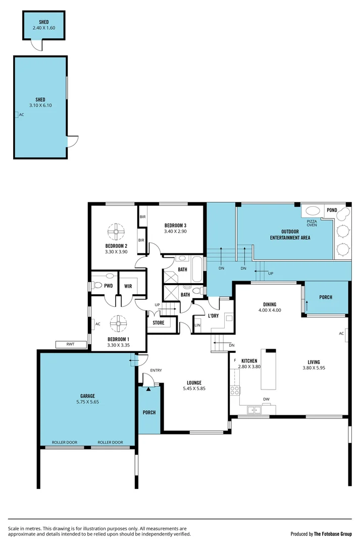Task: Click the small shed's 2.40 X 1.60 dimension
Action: (44, 28)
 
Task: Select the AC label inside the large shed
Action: (21, 115)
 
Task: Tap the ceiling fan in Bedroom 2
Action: (116, 232)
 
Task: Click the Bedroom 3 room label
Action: (175, 225)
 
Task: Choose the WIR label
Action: (128, 286)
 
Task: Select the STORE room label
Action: (159, 322)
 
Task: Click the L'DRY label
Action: (213, 316)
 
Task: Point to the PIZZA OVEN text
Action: (312, 223)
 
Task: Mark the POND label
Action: (332, 210)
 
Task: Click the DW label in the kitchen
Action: (266, 399)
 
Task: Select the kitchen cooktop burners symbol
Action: (234, 390)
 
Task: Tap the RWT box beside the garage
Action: (70, 345)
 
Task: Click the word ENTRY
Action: (156, 370)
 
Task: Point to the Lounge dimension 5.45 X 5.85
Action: (194, 389)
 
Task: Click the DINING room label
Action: (270, 304)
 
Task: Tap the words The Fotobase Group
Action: (333, 533)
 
